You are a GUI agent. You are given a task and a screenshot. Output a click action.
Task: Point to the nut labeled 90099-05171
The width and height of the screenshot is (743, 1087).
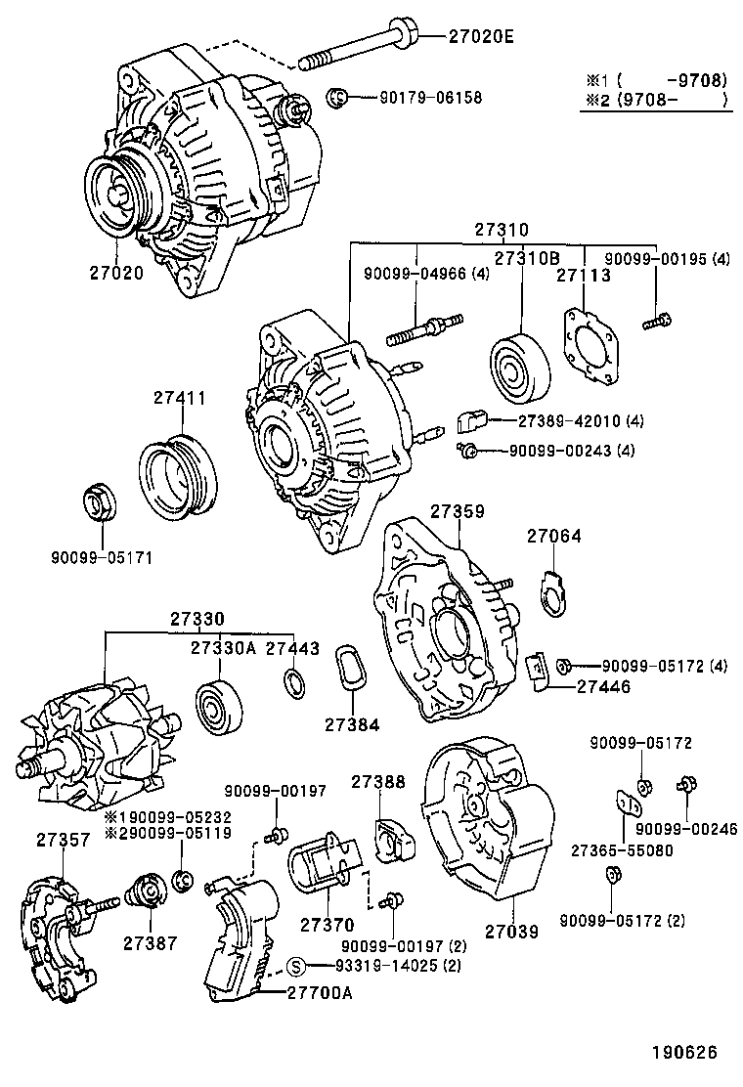click(99, 502)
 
